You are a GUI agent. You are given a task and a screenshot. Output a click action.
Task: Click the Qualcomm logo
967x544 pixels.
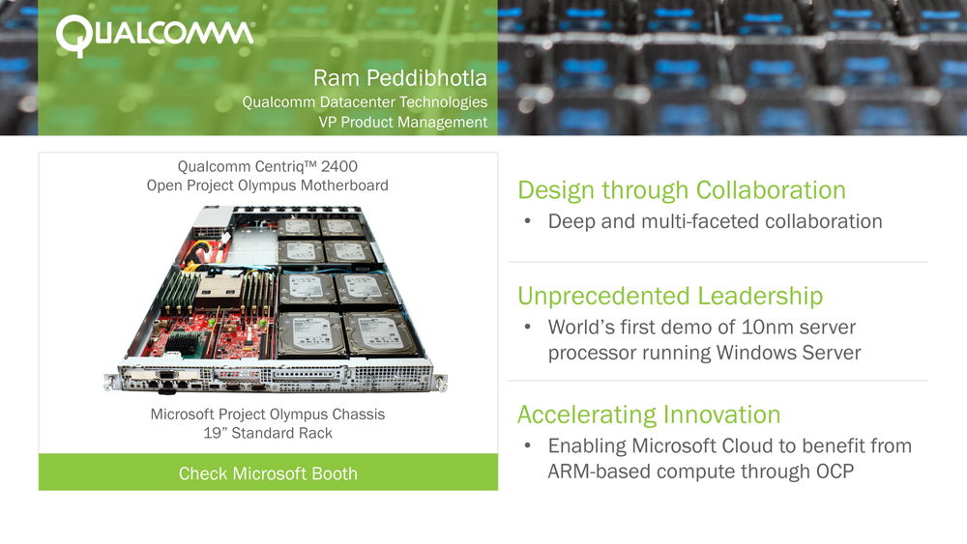pos(155,36)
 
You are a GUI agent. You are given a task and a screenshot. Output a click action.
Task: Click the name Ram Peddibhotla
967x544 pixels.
pos(399,78)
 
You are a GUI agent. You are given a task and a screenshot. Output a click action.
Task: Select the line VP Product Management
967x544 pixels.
pos(402,122)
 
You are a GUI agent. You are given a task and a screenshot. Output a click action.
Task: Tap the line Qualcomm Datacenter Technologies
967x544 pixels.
pos(365,101)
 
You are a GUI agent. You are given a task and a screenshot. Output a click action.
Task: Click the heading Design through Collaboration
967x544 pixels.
pos(682,190)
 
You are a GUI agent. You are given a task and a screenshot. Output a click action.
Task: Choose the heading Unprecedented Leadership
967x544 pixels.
pos(670,297)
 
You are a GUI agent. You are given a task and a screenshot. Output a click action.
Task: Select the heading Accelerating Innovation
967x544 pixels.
pos(649,415)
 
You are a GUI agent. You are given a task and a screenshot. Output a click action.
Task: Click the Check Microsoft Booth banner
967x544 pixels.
pos(268,472)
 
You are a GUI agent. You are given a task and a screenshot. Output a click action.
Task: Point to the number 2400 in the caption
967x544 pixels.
pos(339,166)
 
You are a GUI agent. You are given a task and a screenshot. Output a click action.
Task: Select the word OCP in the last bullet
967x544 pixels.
pos(835,472)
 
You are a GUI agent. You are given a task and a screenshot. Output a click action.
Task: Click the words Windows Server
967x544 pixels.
pos(788,353)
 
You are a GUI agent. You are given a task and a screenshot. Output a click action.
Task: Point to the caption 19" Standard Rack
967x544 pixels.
pos(268,433)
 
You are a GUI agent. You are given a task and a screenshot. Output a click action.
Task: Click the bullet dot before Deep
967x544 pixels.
pos(527,220)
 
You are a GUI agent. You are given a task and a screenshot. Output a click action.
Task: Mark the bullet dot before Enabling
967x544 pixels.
pos(527,444)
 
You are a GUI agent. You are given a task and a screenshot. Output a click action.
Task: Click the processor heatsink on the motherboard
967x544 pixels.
pos(219,290)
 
